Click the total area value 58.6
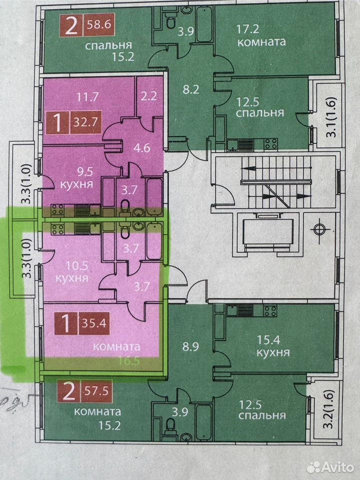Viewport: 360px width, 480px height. coord(98,24)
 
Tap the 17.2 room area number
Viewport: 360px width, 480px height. coord(248,29)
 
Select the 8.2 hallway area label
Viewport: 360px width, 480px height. coord(191,89)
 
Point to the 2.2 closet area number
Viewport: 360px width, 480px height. coord(149,96)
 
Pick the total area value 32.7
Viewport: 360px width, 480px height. coord(85,122)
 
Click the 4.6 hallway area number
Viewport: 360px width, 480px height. coord(142,148)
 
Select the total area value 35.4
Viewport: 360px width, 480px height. coord(94,323)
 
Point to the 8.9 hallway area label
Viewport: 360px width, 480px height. coord(190,346)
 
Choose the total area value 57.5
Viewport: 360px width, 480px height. coord(96,391)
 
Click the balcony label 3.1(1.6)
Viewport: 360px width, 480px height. coord(333,116)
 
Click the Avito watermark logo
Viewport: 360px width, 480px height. coord(330,467)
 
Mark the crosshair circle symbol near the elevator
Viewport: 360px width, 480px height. coord(319,229)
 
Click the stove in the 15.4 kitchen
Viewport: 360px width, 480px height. coord(270,311)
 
